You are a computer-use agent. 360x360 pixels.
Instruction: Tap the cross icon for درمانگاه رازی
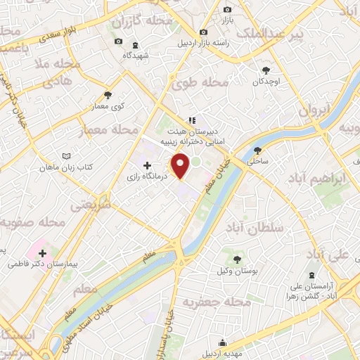point(147,166)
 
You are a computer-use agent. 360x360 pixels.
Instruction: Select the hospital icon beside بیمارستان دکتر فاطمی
point(44,253)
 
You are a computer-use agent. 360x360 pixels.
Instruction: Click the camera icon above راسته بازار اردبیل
point(204,32)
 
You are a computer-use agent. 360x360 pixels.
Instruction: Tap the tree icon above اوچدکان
point(266,70)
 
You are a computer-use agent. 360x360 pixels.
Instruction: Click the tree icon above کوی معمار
point(108,95)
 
